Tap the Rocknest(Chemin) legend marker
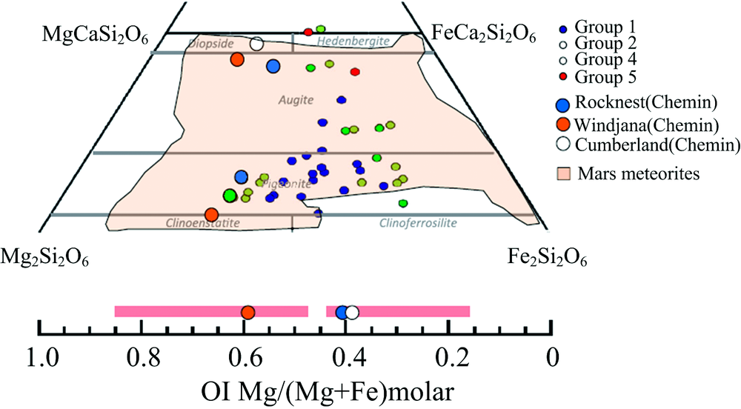click(563, 104)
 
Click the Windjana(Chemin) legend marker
click(563, 124)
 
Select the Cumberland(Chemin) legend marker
click(563, 144)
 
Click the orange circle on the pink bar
click(248, 312)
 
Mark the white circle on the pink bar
click(352, 312)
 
